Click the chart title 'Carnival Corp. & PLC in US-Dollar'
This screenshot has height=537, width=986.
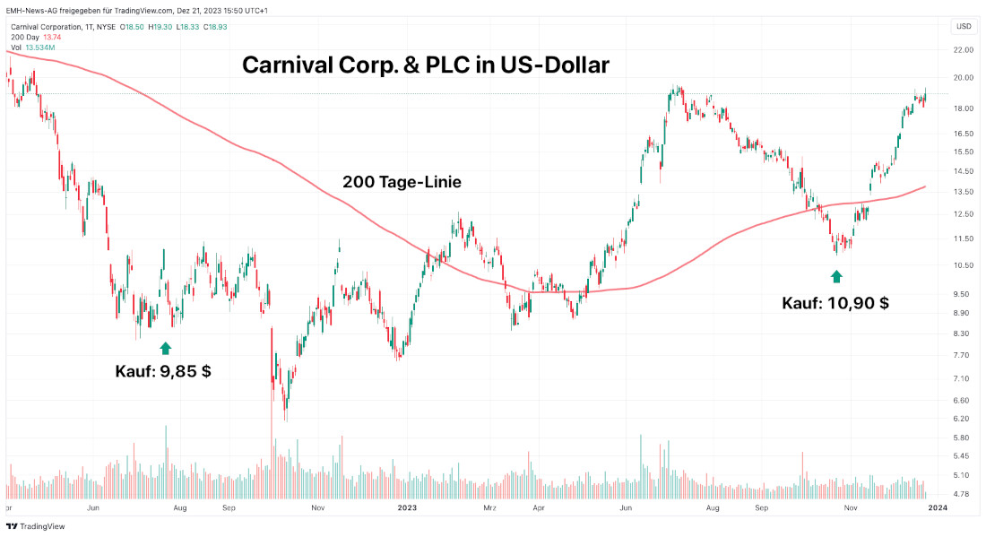pyautogui.click(x=426, y=65)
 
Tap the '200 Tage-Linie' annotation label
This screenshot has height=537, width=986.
pyautogui.click(x=402, y=182)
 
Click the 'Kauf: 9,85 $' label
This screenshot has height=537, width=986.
pyautogui.click(x=163, y=370)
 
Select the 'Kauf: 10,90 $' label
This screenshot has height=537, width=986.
pyautogui.click(x=835, y=303)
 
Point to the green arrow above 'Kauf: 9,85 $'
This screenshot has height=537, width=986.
pyautogui.click(x=165, y=348)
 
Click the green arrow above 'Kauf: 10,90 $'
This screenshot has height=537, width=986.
pyautogui.click(x=836, y=277)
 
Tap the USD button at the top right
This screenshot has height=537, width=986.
pyautogui.click(x=964, y=26)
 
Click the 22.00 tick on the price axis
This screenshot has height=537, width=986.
pyautogui.click(x=964, y=50)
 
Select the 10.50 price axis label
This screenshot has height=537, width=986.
pyautogui.click(x=964, y=265)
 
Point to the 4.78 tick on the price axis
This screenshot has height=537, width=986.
pyautogui.click(x=964, y=493)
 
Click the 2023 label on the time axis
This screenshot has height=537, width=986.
pyautogui.click(x=407, y=508)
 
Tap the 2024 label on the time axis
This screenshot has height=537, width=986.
pyautogui.click(x=937, y=508)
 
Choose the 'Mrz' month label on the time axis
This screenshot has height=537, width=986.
pyautogui.click(x=489, y=508)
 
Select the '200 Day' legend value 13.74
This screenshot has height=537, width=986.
pyautogui.click(x=56, y=38)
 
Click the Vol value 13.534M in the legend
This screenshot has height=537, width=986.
pyautogui.click(x=40, y=48)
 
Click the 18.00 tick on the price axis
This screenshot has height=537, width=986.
pyautogui.click(x=964, y=108)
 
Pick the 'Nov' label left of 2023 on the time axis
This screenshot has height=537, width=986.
pyautogui.click(x=316, y=508)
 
